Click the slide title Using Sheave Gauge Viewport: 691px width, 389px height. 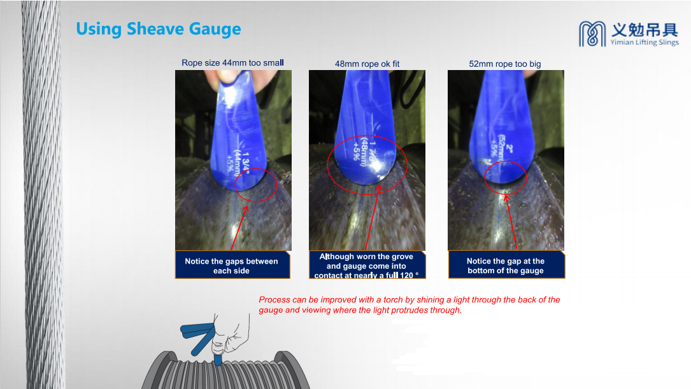tap(158, 29)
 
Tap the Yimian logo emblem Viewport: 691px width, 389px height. tap(592, 34)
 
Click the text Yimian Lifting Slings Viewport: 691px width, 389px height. tap(645, 42)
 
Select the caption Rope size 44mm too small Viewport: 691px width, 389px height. tap(232, 63)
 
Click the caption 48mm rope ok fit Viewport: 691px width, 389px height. tap(367, 64)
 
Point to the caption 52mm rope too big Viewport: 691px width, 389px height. tap(504, 64)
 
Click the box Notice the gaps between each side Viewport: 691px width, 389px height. tap(232, 265)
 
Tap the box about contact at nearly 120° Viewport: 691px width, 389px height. tap(367, 265)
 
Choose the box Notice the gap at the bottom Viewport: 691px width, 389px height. tap(506, 265)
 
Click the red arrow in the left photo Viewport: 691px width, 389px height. tap(239, 228)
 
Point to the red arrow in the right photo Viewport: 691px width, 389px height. tap(511, 222)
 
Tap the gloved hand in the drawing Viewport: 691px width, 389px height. tap(230, 336)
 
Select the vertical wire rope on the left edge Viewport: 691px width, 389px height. tap(42, 194)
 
